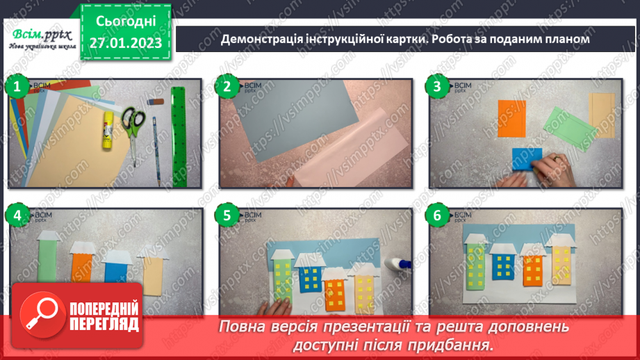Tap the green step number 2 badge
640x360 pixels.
click(x=227, y=88)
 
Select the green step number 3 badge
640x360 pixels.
click(x=437, y=88)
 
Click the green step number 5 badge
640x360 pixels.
click(x=227, y=216)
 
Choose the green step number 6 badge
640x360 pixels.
click(x=437, y=216)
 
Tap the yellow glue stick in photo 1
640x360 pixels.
click(x=108, y=129)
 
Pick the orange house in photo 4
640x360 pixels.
click(x=83, y=267)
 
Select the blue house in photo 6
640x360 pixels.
click(x=501, y=264)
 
